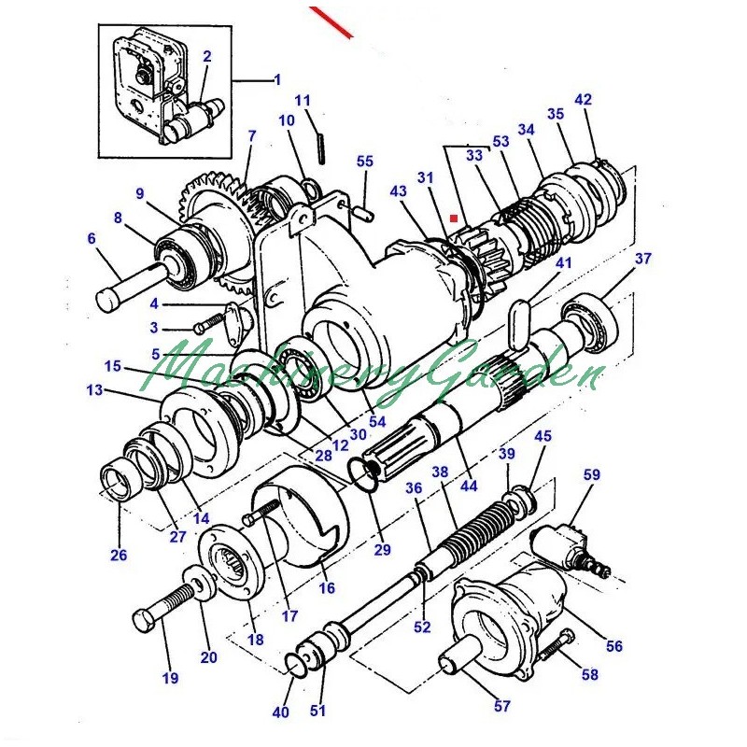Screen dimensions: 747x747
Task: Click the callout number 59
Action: click(x=592, y=475)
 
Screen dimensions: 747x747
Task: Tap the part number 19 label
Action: click(x=170, y=678)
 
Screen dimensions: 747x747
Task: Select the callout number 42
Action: click(x=583, y=100)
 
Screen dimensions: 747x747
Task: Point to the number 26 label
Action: click(x=119, y=555)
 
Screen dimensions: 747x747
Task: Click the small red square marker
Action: click(x=454, y=218)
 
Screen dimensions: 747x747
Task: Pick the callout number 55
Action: click(x=365, y=161)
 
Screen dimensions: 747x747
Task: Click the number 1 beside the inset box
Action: click(x=277, y=80)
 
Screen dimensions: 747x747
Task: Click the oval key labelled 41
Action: click(x=517, y=324)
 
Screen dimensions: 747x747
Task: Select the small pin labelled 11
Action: click(x=321, y=148)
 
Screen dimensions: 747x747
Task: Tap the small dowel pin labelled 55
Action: click(x=364, y=212)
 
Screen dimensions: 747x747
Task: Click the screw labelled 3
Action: click(x=208, y=322)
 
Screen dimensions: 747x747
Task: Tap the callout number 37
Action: click(x=642, y=259)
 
